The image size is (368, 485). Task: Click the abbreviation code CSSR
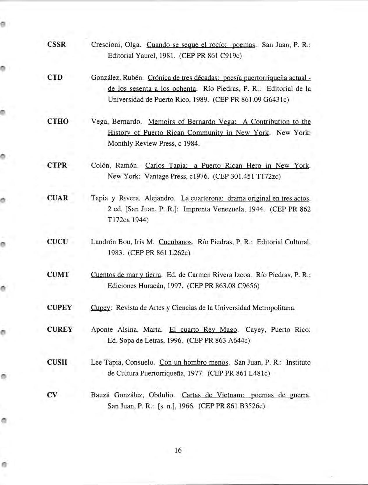[x=56, y=45]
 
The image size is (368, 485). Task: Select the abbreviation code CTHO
[x=58, y=121]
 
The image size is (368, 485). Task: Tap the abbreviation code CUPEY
[x=59, y=308]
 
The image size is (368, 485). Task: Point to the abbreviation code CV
[x=52, y=395]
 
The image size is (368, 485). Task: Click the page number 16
[x=178, y=450]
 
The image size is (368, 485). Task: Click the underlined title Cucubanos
[x=175, y=242]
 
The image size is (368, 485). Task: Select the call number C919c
[x=231, y=56]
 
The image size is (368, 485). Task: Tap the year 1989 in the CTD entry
[x=200, y=100]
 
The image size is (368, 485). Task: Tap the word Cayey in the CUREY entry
[x=255, y=330]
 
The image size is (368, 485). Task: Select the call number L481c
[x=259, y=373]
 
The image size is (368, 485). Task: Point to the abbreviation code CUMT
[x=58, y=275]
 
